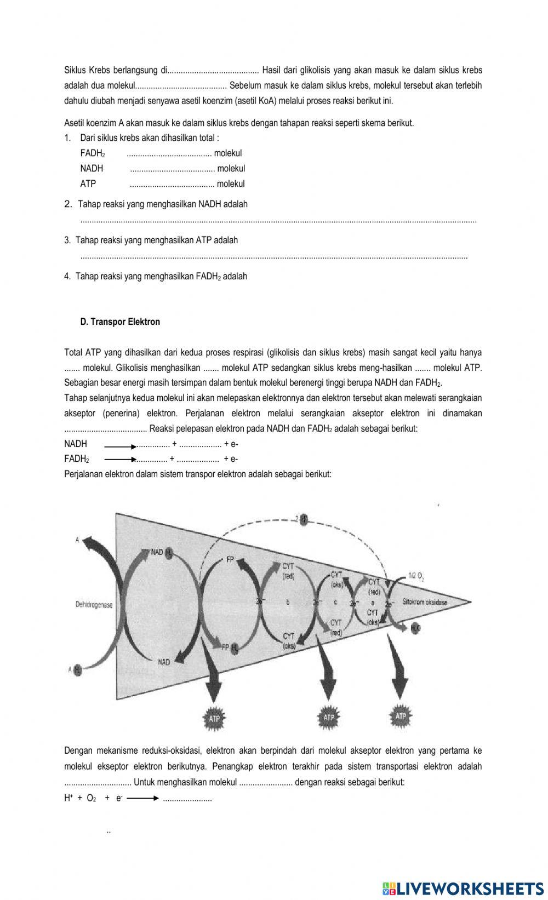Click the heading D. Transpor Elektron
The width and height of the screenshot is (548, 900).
[x=120, y=322]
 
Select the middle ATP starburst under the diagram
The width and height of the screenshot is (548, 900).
[x=329, y=717]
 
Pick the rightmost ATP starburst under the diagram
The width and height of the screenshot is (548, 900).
[x=401, y=716]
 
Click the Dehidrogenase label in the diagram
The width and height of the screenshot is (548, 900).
[x=94, y=605]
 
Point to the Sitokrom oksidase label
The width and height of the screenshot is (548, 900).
[x=425, y=601]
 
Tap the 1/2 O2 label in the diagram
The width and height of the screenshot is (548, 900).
[x=416, y=575]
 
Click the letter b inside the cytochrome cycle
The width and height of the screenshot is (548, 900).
[x=287, y=602]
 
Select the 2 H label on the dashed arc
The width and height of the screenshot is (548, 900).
[x=301, y=519]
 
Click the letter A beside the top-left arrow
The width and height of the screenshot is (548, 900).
[x=77, y=540]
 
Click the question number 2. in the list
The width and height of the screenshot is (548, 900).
[x=68, y=204]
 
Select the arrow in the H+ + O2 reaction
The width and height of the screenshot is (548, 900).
[x=142, y=799]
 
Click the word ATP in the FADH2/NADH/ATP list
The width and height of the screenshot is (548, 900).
[x=88, y=184]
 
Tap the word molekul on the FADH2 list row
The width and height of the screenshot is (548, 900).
[x=228, y=153]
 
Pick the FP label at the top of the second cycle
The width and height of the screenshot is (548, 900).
[x=230, y=560]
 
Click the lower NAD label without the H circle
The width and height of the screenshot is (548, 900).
[x=164, y=662]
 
